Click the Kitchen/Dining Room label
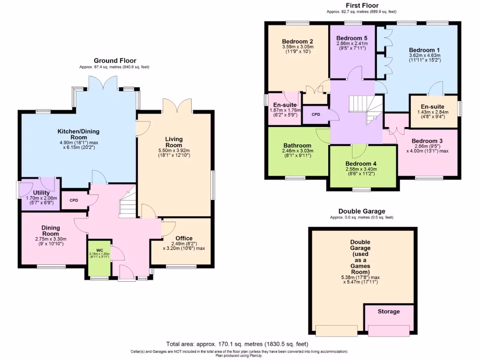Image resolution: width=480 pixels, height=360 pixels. [78, 135]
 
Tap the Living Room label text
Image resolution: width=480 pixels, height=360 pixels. [173, 142]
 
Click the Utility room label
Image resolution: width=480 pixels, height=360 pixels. [41, 193]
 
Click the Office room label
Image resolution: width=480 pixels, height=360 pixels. [184, 238]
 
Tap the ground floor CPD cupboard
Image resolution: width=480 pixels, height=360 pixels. [74, 200]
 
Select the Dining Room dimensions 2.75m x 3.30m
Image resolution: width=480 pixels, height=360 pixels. [51, 239]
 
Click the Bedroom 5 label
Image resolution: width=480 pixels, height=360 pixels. [352, 38]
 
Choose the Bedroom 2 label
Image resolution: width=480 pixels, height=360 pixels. [298, 41]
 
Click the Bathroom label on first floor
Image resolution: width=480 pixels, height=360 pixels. [297, 146]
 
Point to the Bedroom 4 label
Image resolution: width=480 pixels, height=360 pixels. [361, 164]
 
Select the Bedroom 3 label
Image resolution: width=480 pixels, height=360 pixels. [427, 141]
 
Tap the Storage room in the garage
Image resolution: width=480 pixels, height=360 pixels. [389, 311]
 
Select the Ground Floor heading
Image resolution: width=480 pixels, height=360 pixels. [115, 60]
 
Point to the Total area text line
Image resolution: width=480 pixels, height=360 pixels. [240, 344]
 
